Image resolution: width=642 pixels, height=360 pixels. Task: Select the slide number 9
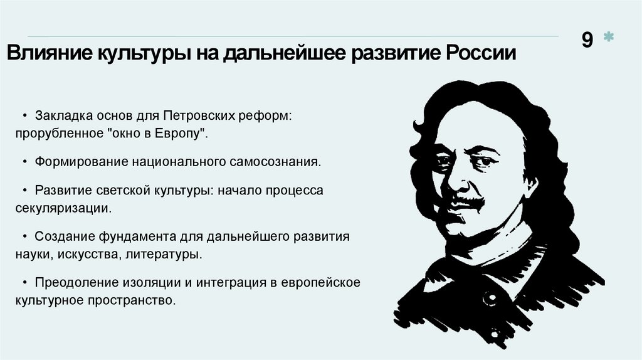587,40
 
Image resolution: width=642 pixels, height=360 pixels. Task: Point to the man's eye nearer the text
445,161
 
